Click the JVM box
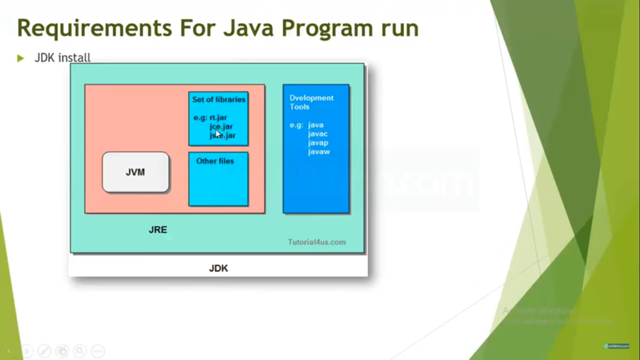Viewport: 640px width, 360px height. pyautogui.click(x=135, y=172)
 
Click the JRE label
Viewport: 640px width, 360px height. pyautogui.click(x=158, y=230)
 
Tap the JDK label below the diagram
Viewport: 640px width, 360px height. pyautogui.click(x=218, y=269)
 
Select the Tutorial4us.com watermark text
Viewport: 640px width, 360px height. pyautogui.click(x=317, y=242)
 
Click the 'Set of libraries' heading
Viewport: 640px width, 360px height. pyautogui.click(x=219, y=99)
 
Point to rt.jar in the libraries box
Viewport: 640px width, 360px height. pyautogui.click(x=218, y=117)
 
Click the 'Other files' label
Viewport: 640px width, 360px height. pyautogui.click(x=215, y=161)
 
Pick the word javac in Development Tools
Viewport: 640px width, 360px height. pyautogui.click(x=318, y=134)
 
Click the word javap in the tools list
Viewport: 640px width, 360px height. pyautogui.click(x=318, y=143)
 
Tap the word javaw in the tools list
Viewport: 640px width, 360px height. pyautogui.click(x=319, y=152)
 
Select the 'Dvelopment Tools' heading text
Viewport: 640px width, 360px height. pyautogui.click(x=311, y=102)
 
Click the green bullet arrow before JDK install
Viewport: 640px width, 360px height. pyautogui.click(x=20, y=58)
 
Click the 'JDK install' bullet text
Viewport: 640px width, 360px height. pyautogui.click(x=63, y=58)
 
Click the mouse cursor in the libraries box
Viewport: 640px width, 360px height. pyautogui.click(x=218, y=134)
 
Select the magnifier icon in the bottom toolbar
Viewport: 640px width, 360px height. pyautogui.click(x=80, y=351)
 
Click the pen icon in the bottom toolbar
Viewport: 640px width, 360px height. pyautogui.click(x=44, y=351)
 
